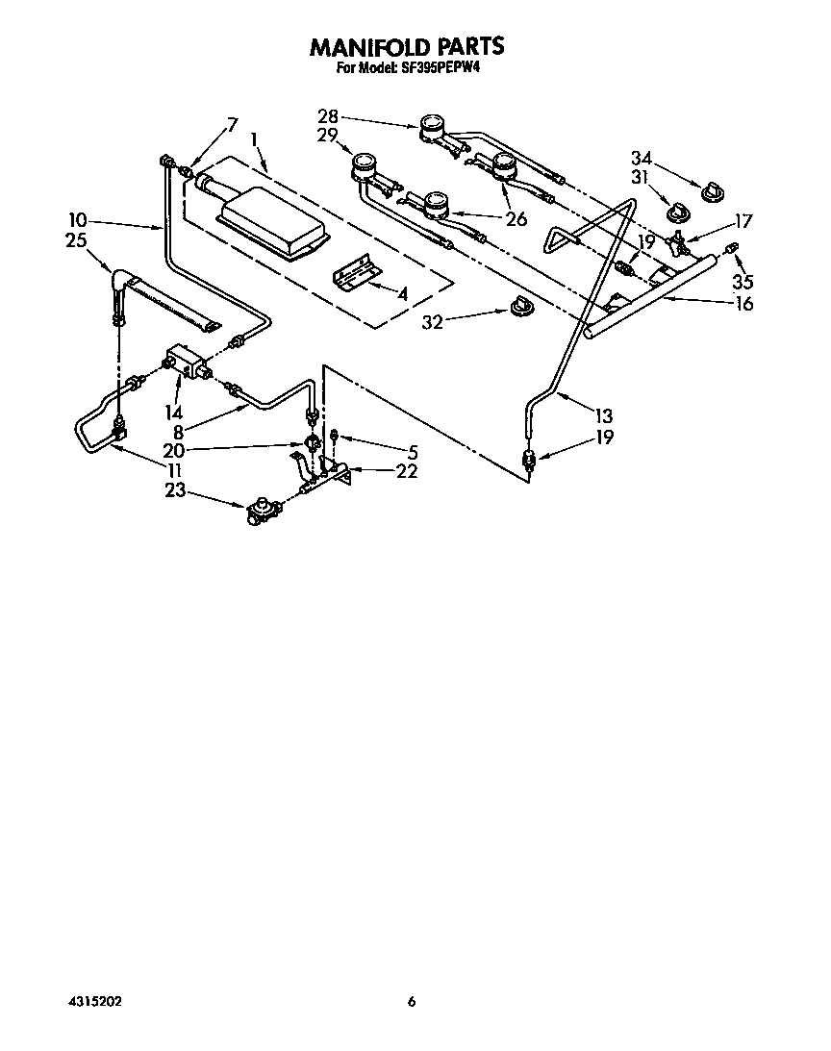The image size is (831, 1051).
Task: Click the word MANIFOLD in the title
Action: (368, 46)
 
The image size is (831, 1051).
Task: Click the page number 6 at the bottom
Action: (412, 1002)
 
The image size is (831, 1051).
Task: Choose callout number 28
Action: (327, 116)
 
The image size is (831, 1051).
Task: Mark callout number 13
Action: (603, 416)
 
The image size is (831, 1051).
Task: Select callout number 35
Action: (742, 282)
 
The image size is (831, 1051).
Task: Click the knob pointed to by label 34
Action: (713, 192)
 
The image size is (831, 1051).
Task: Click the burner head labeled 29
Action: (364, 165)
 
